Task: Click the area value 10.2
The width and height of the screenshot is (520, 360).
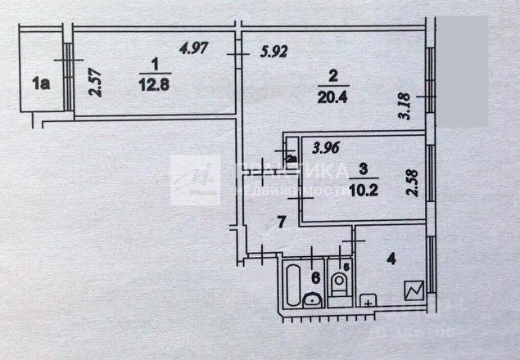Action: point(364,184)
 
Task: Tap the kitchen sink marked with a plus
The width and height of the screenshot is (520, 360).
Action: point(369,301)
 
